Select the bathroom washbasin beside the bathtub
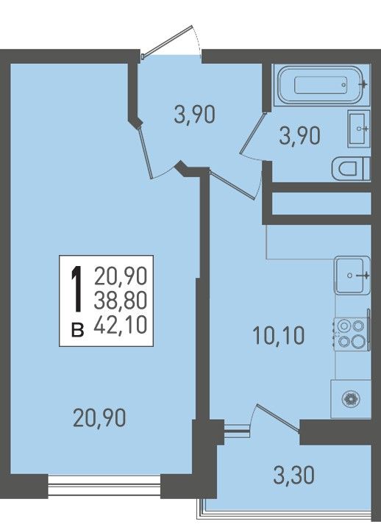pyautogui.click(x=359, y=129)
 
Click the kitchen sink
pyautogui.click(x=352, y=275)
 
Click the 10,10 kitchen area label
pyautogui.click(x=278, y=336)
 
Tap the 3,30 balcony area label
pyautogui.click(x=293, y=475)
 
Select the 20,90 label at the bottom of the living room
pyautogui.click(x=99, y=417)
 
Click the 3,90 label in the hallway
pyautogui.click(x=194, y=115)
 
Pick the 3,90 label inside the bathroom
pyautogui.click(x=299, y=136)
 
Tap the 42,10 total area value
pyautogui.click(x=121, y=325)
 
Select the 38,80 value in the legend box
pyautogui.click(x=121, y=300)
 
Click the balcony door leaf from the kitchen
pyautogui.click(x=277, y=418)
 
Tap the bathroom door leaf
pyautogui.click(x=252, y=133)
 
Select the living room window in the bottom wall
pyautogui.click(x=104, y=486)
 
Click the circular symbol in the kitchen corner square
pyautogui.click(x=351, y=399)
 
